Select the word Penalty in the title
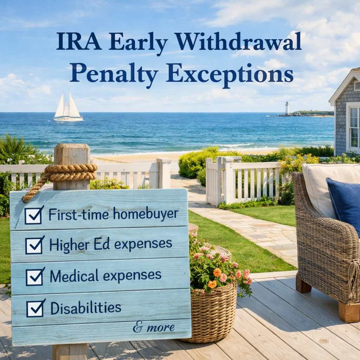click(114, 73)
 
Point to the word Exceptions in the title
click(230, 74)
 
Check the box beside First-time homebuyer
click(34, 216)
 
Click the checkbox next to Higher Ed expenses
click(34, 245)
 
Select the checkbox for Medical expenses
click(35, 276)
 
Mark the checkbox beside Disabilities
click(36, 308)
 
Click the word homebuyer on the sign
click(146, 214)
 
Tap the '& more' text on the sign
click(154, 327)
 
